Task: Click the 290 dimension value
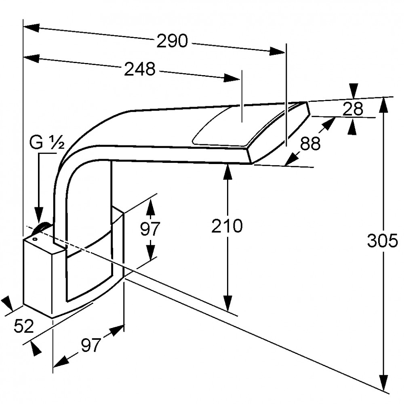[172, 41]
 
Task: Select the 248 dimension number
[140, 69]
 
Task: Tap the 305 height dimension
[382, 241]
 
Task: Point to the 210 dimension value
[227, 226]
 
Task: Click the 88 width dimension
[310, 143]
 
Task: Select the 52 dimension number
[24, 326]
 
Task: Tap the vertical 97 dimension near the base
[150, 228]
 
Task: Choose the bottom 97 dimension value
[91, 345]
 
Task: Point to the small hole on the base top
[34, 239]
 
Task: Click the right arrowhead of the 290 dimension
[277, 51]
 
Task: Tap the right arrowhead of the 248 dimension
[232, 78]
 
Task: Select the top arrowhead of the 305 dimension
[384, 105]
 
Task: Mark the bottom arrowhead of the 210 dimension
[227, 303]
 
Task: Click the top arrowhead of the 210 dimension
[227, 172]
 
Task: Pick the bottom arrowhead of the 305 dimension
[384, 383]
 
